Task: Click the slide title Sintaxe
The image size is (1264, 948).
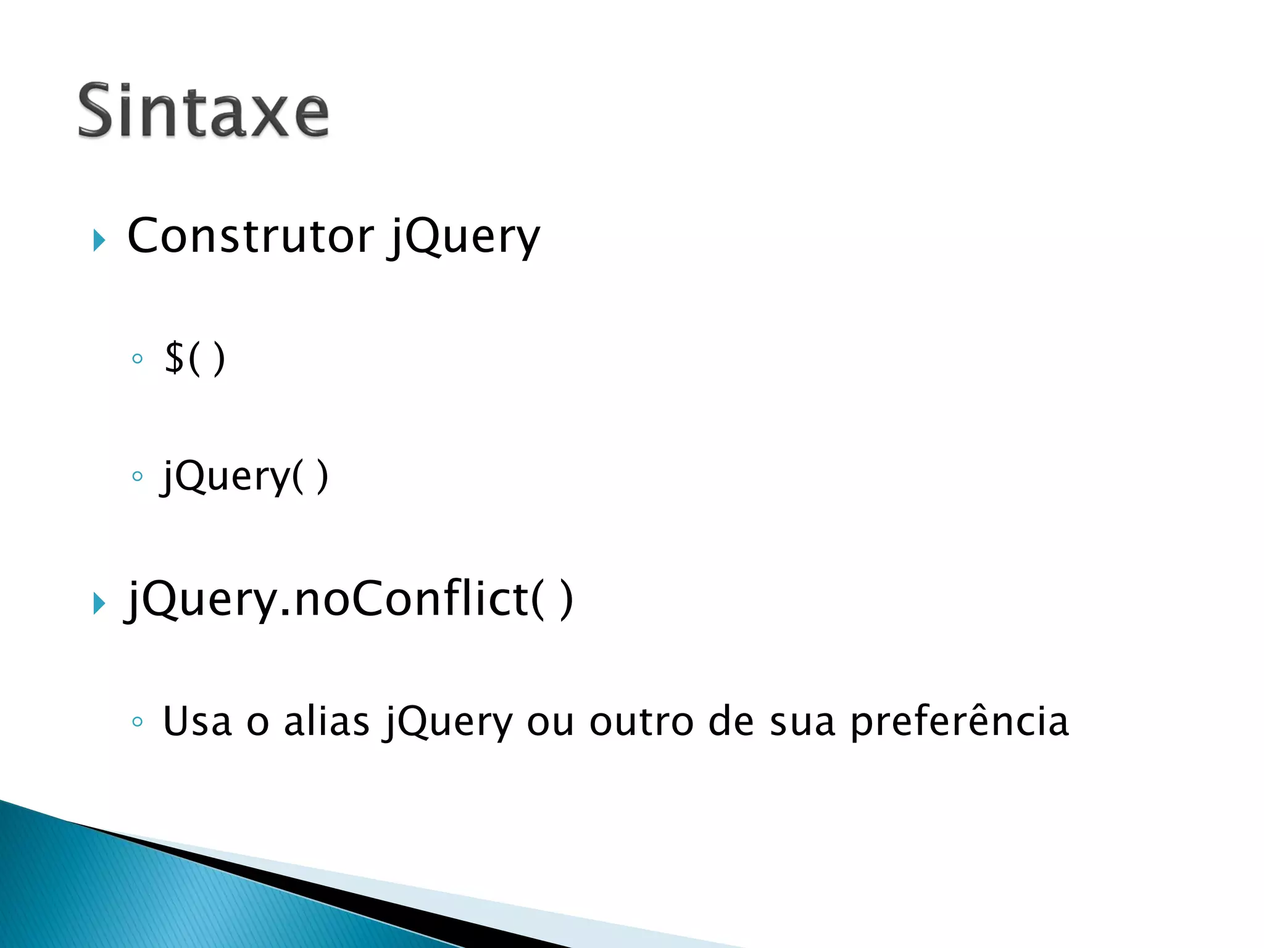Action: click(203, 111)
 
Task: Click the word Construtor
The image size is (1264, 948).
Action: click(250, 236)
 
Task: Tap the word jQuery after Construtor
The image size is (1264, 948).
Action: click(464, 238)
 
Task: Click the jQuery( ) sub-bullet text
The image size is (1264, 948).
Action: click(245, 476)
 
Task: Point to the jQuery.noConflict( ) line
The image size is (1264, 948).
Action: click(350, 600)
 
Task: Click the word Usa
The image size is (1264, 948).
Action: click(197, 721)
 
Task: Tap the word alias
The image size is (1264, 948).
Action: click(326, 721)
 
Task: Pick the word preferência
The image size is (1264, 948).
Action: click(959, 721)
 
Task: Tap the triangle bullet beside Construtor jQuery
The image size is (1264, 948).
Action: click(99, 240)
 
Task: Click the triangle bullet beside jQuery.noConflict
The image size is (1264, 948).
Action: click(99, 603)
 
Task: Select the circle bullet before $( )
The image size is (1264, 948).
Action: click(137, 359)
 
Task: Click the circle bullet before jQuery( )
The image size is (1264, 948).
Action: click(137, 476)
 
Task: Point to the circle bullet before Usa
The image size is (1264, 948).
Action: click(137, 721)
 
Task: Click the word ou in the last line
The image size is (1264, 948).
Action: click(551, 723)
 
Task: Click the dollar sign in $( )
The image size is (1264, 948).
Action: click(175, 357)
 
